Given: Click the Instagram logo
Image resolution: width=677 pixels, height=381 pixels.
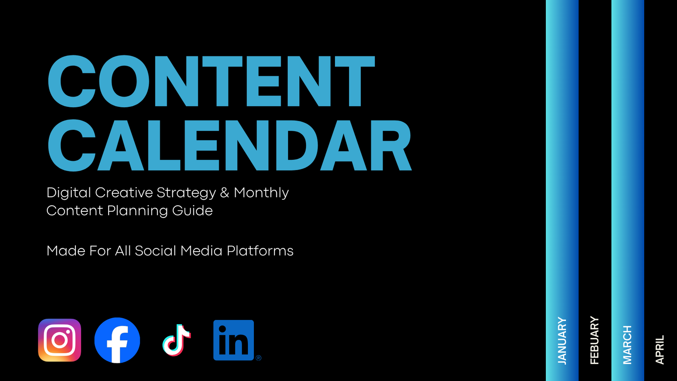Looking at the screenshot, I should (x=60, y=340).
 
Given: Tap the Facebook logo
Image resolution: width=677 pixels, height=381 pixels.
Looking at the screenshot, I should (x=117, y=340).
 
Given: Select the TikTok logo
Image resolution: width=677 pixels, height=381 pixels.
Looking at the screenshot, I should (x=176, y=340).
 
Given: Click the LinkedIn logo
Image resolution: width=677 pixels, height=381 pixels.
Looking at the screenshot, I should (x=234, y=340).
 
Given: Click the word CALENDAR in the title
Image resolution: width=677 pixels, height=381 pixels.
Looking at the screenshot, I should (x=230, y=145).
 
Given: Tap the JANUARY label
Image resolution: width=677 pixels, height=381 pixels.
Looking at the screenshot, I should (x=562, y=341).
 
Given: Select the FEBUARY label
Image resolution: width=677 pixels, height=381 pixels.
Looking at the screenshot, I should (x=595, y=341).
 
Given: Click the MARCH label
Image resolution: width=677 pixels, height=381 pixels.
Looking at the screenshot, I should (x=627, y=345).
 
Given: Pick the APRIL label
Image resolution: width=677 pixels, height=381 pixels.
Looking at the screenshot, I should (x=660, y=350).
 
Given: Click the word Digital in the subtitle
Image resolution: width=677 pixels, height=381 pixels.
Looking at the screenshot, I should (x=69, y=193).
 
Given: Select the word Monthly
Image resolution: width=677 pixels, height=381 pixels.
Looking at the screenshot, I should (x=261, y=193).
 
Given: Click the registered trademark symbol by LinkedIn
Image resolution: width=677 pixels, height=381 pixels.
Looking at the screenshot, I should (x=259, y=358).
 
